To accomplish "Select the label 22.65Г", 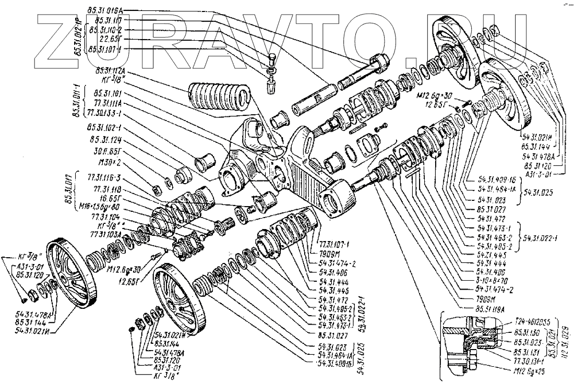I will click(x=108, y=39).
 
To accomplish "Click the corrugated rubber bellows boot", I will click(x=219, y=99).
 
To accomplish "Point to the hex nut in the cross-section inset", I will click(x=471, y=361).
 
